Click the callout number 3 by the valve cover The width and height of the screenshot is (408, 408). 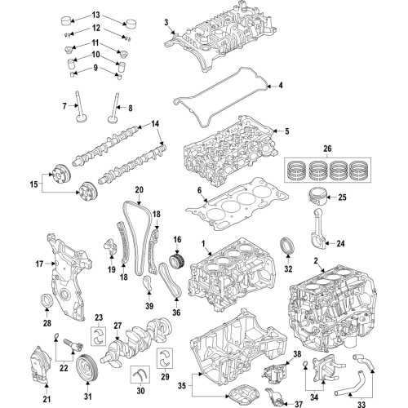[x=166, y=20]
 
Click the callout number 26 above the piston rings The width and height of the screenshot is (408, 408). [x=329, y=149]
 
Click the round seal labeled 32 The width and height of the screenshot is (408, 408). [x=287, y=246]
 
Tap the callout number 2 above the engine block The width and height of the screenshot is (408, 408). [x=315, y=262]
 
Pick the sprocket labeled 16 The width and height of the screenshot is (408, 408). [x=171, y=265]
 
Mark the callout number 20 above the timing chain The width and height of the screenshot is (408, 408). [x=139, y=189]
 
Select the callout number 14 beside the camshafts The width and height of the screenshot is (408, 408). [x=153, y=124]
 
